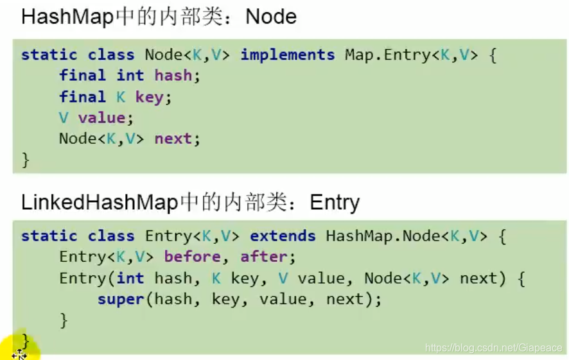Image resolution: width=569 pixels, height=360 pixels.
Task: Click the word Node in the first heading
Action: pyautogui.click(x=271, y=17)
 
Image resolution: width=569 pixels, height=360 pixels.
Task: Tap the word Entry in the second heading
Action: pyautogui.click(x=335, y=203)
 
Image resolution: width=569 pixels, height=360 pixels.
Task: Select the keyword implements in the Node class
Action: pyautogui.click(x=288, y=55)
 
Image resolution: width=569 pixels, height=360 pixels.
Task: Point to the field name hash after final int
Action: pyautogui.click(x=173, y=76)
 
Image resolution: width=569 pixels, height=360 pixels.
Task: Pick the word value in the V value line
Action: pyautogui.click(x=101, y=118)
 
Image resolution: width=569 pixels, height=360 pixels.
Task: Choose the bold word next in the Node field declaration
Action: pyautogui.click(x=173, y=139)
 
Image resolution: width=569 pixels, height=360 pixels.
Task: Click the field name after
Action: pyautogui.click(x=264, y=257)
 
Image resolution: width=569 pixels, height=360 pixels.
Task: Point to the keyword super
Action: pyautogui.click(x=121, y=299)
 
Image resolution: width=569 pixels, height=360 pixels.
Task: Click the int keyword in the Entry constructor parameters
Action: pyautogui.click(x=130, y=279)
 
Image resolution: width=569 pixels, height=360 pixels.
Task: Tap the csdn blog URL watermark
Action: pyautogui.click(x=493, y=347)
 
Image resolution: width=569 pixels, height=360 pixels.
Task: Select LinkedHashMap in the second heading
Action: pyautogui.click(x=99, y=203)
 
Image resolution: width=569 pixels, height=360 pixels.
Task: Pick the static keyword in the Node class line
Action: pyautogui.click(x=49, y=55)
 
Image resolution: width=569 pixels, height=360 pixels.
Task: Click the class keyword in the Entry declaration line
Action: pyautogui.click(x=112, y=236)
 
